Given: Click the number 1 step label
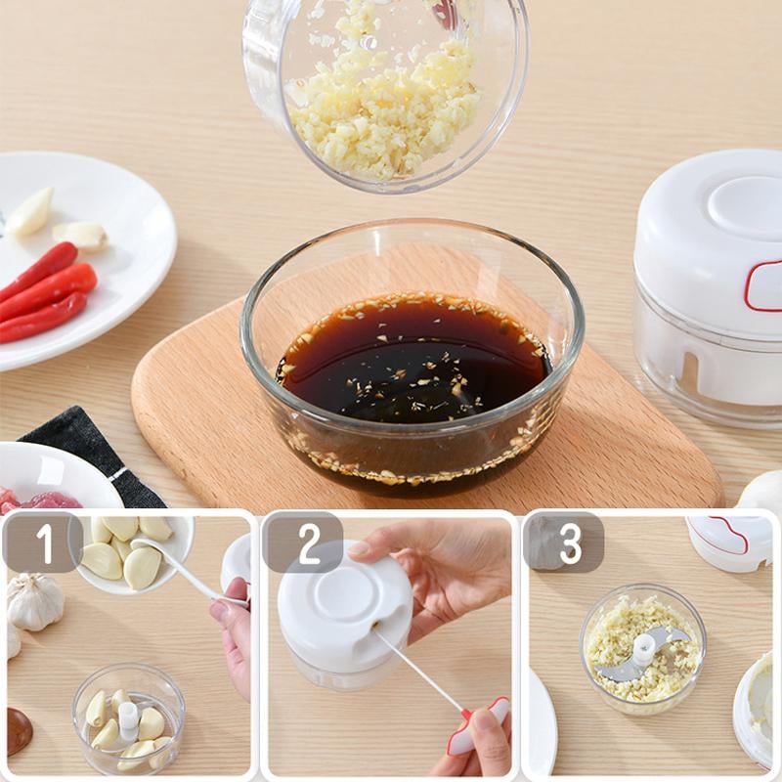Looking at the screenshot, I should (x=42, y=543).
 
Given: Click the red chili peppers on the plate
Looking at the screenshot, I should (x=44, y=293).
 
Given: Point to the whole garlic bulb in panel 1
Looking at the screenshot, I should (x=33, y=601).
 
